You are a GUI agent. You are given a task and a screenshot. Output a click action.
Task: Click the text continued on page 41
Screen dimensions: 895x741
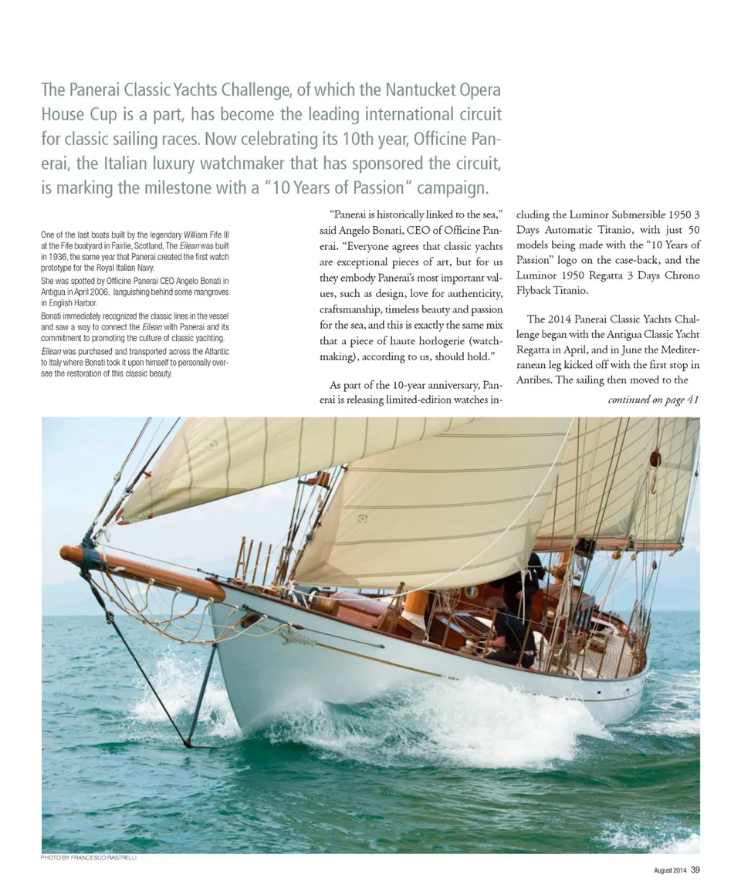tap(653, 400)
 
